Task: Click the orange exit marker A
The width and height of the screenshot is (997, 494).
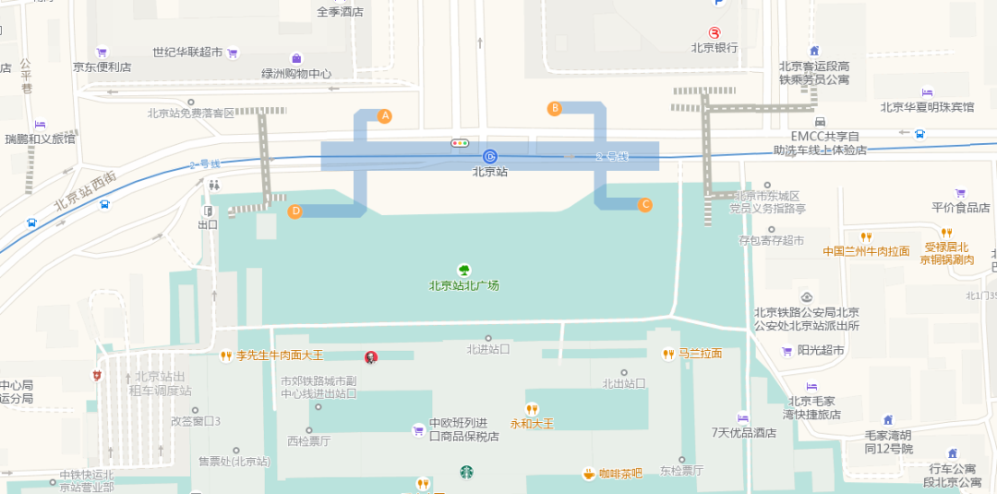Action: (385, 116)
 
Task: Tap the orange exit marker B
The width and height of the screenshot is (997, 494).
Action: (555, 108)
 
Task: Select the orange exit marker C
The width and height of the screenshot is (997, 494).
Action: (645, 204)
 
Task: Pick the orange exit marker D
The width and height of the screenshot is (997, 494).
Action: (295, 211)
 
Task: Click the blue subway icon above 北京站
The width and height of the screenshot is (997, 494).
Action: (490, 156)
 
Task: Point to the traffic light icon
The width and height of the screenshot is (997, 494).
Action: (460, 143)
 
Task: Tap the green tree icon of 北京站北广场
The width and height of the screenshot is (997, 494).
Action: (464, 271)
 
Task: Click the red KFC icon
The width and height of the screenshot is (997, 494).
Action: (370, 356)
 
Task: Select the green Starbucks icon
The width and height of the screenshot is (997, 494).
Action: (467, 473)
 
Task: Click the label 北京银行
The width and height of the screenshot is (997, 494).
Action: (715, 48)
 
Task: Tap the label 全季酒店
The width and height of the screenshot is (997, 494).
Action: (340, 13)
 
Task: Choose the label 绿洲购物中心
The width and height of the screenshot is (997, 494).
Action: (296, 74)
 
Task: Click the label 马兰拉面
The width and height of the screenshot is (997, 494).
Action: (700, 354)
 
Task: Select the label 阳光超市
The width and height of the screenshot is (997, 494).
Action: (821, 350)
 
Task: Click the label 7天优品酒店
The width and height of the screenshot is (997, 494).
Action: (744, 432)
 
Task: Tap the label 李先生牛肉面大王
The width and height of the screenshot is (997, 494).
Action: (280, 355)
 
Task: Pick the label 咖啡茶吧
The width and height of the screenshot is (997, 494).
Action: (619, 474)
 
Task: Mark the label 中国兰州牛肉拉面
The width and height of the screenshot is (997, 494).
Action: (866, 250)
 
